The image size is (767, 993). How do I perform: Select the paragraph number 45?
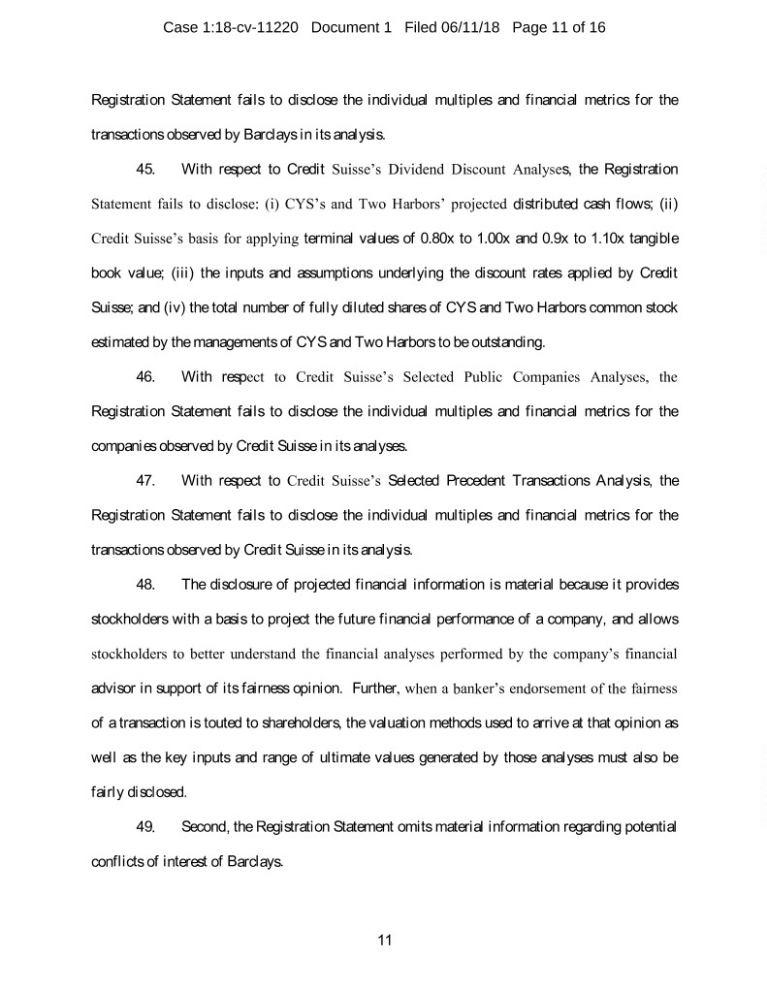146,170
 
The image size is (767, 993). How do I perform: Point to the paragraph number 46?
146,377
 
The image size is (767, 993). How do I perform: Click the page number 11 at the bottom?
384,940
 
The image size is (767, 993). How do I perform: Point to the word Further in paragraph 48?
372,689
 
